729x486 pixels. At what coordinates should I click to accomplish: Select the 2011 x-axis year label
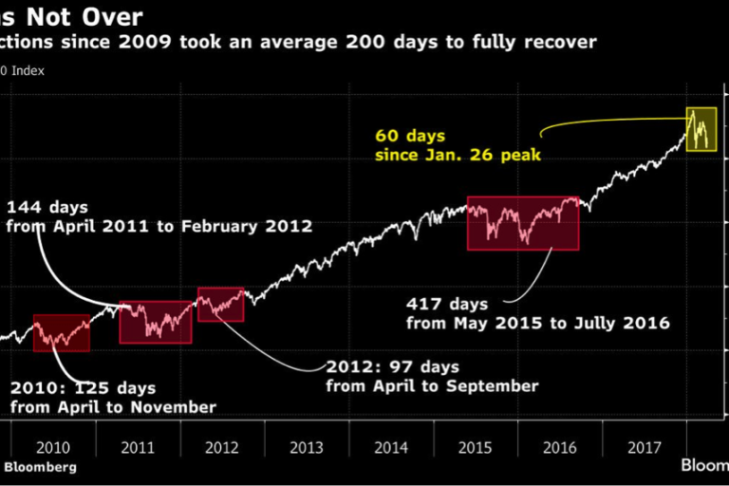pos(138,446)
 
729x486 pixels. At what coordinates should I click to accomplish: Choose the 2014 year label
pos(391,446)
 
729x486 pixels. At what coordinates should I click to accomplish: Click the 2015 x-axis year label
pos(476,446)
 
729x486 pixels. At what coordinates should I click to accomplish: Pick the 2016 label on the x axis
pos(560,446)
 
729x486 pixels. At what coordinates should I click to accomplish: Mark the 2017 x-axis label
pos(645,446)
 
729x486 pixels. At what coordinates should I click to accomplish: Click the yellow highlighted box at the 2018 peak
pos(702,129)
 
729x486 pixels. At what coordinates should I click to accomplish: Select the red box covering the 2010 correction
pos(62,332)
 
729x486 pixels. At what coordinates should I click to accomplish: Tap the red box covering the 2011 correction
pos(155,322)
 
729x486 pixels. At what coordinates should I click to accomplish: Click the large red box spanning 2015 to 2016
pos(523,223)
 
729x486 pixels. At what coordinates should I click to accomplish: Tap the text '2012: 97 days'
pos(392,366)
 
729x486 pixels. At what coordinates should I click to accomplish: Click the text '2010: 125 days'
pos(84,388)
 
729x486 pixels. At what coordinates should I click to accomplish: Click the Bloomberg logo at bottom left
pos(40,466)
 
